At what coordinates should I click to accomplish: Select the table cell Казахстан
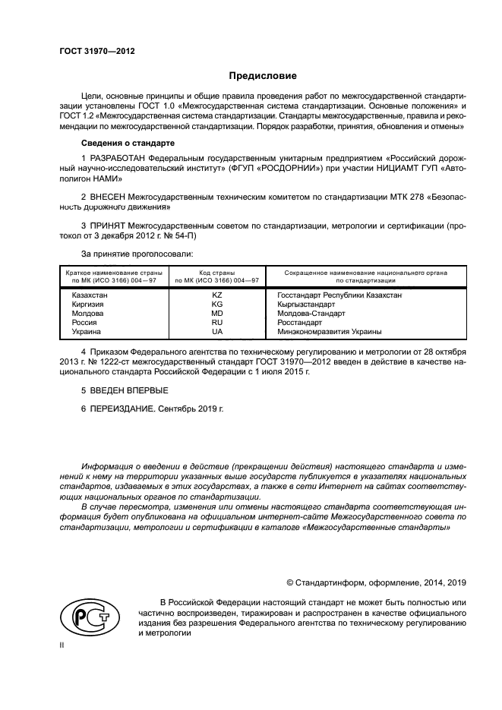tap(90, 295)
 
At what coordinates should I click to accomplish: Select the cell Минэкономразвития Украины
tap(330, 331)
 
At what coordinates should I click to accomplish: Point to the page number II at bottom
tap(62, 645)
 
